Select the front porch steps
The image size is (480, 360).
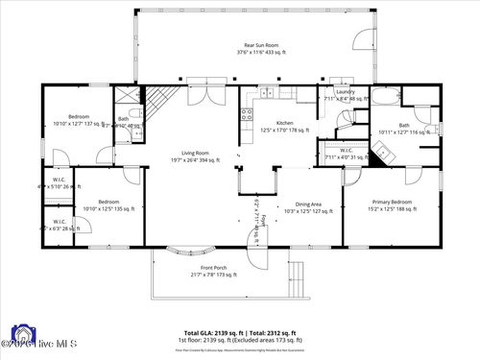(x=299, y=277)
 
